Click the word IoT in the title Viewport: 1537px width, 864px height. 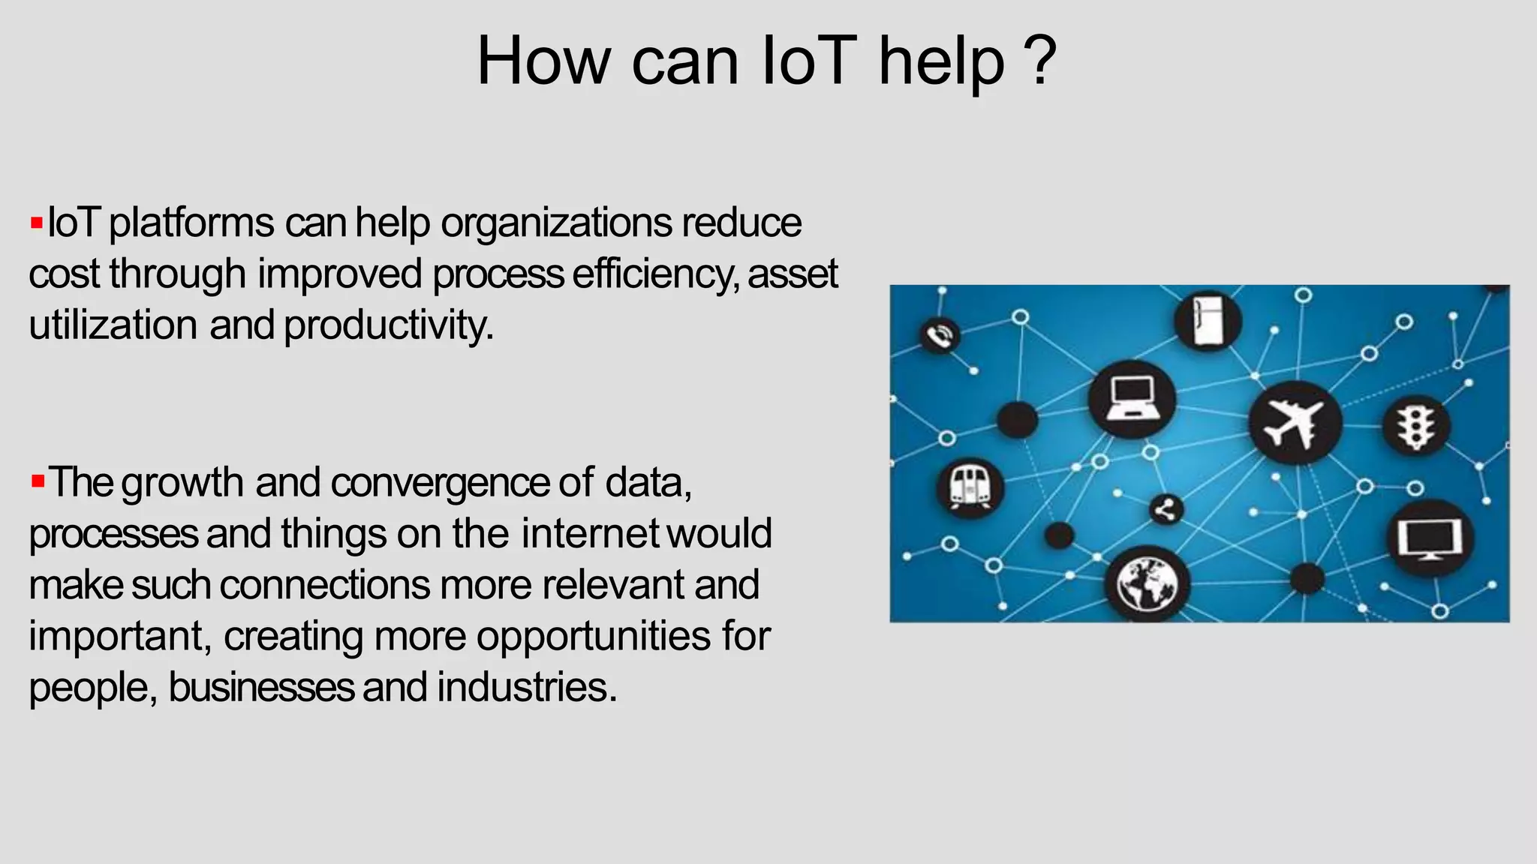point(808,61)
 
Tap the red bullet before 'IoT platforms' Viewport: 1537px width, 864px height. point(36,223)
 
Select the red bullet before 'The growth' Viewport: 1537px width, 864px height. point(38,481)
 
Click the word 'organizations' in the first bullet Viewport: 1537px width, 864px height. point(556,223)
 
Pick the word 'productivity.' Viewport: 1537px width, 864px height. point(389,325)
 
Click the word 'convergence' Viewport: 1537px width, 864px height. point(440,482)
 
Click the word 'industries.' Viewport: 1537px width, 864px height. point(527,687)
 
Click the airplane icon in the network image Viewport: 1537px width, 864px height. point(1294,423)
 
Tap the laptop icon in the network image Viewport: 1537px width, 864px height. point(1132,399)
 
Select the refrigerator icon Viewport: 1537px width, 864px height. point(1208,320)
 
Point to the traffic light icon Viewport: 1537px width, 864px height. point(1416,426)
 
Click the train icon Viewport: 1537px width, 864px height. point(970,487)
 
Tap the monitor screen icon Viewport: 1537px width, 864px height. point(1430,538)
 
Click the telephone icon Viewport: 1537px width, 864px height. point(939,335)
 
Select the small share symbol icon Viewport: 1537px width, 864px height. point(1166,511)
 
